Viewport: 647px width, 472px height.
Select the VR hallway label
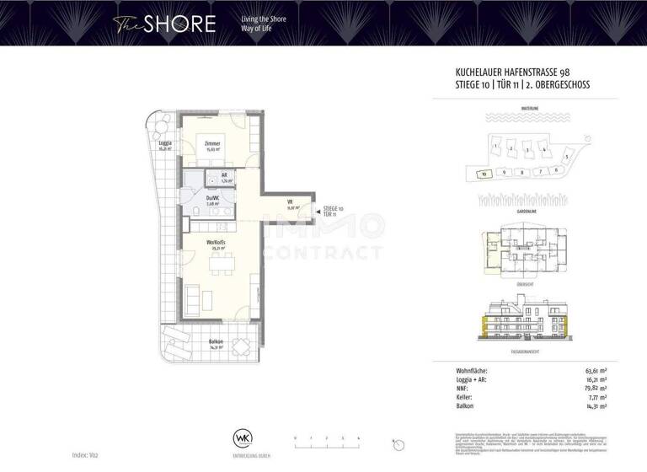coord(289,203)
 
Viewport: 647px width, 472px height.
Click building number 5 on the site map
coord(567,157)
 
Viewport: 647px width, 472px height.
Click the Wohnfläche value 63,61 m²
coord(596,369)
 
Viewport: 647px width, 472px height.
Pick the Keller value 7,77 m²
coord(597,397)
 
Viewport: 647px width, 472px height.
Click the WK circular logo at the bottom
coord(243,439)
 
